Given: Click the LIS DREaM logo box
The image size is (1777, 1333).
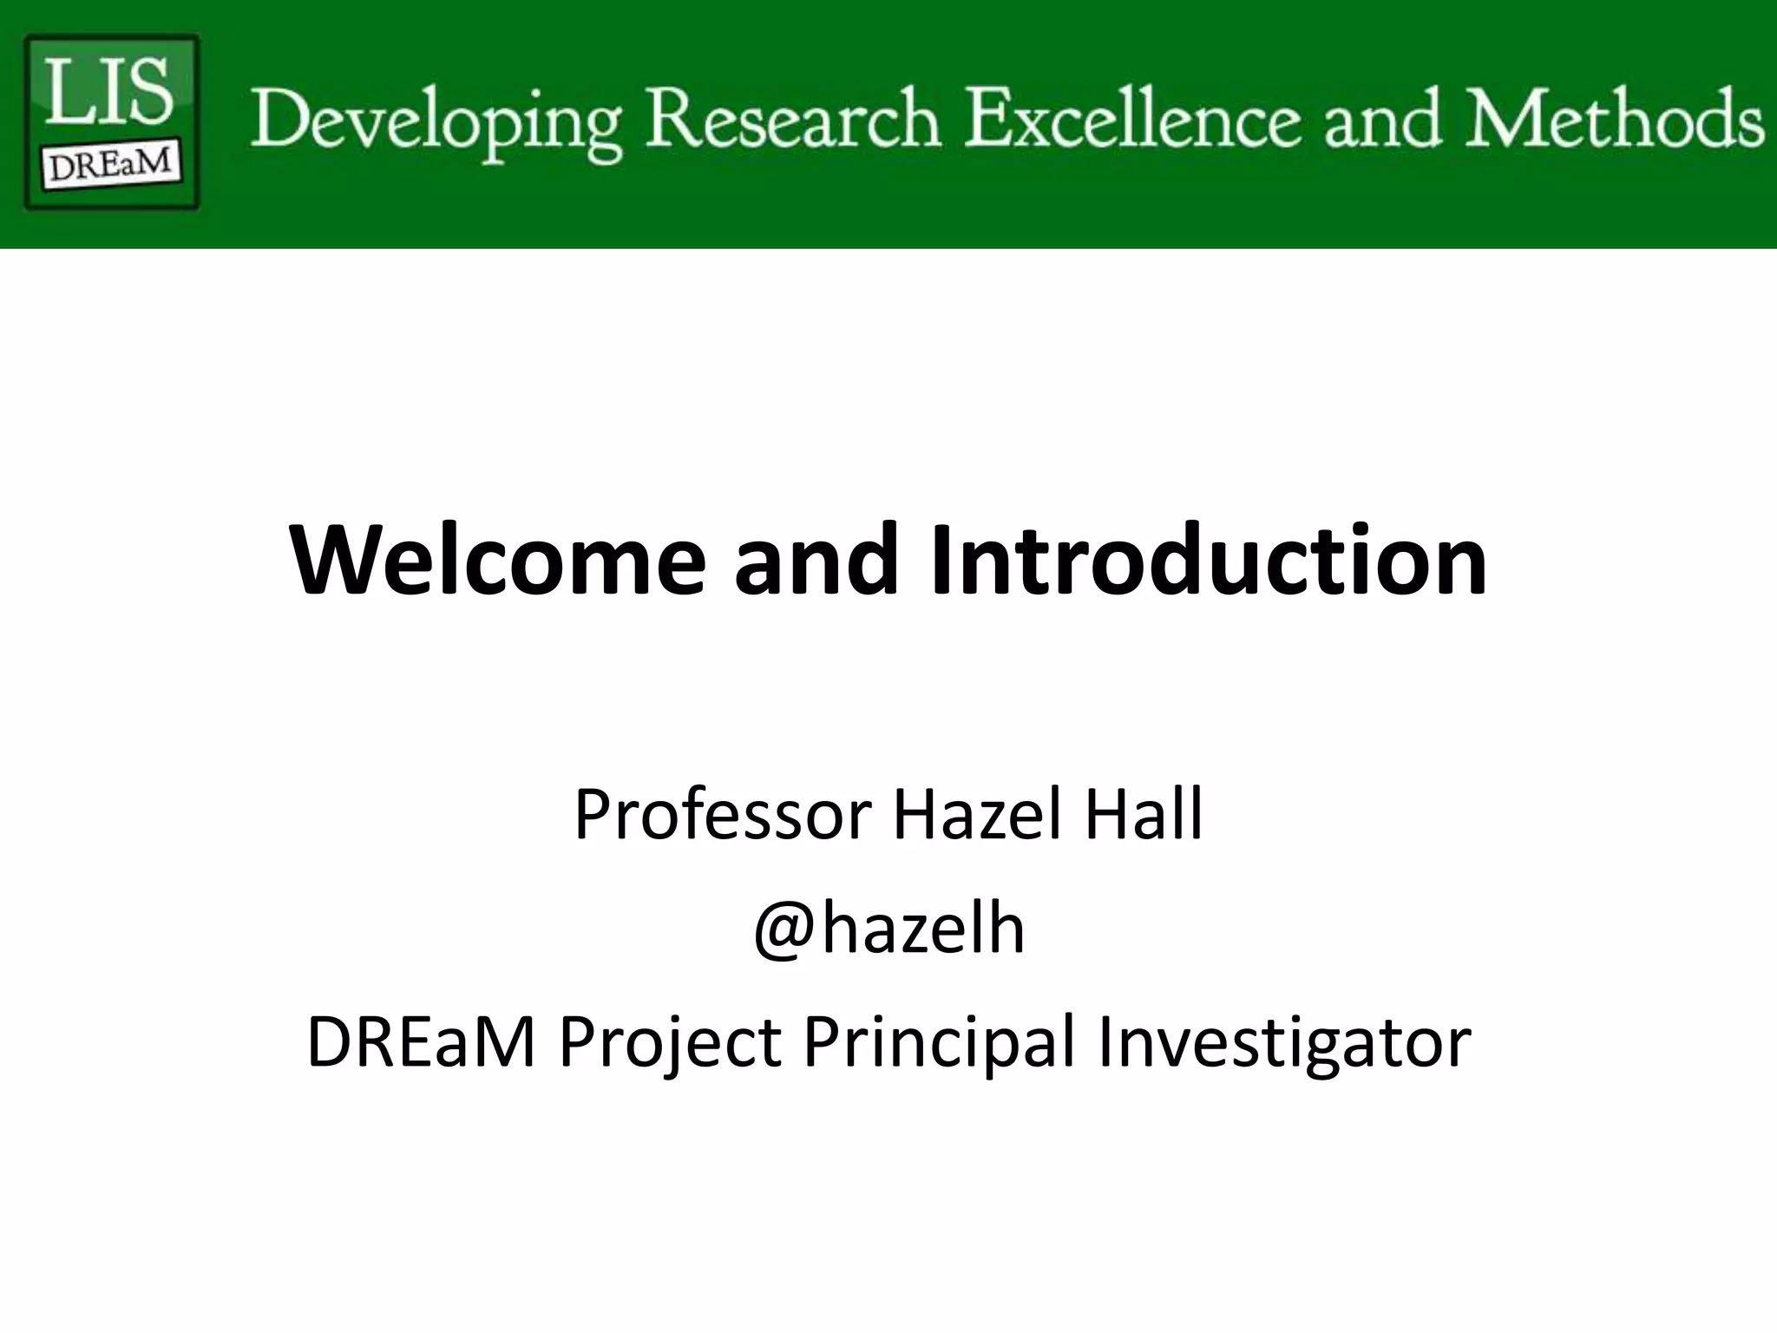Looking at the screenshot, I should (x=111, y=121).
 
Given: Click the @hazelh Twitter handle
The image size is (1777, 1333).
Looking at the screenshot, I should (x=888, y=929).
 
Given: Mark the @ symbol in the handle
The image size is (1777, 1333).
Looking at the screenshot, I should (x=784, y=930).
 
